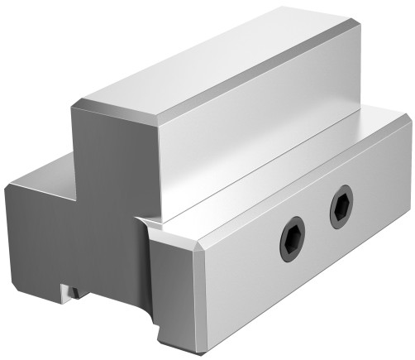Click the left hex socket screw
292,238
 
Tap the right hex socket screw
341,207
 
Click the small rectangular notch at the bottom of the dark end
69,290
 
